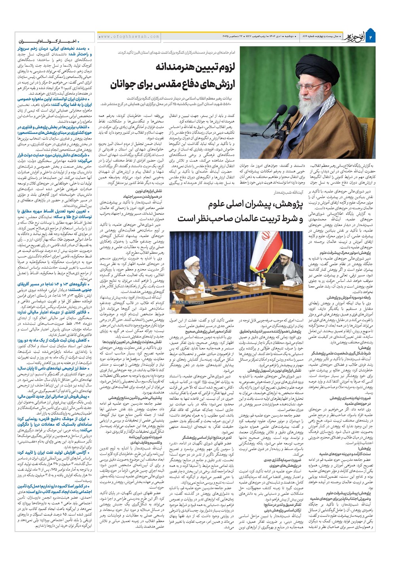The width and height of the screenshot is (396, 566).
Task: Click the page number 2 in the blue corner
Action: tap(371, 37)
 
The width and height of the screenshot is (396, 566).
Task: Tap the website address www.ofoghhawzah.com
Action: tap(129, 37)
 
